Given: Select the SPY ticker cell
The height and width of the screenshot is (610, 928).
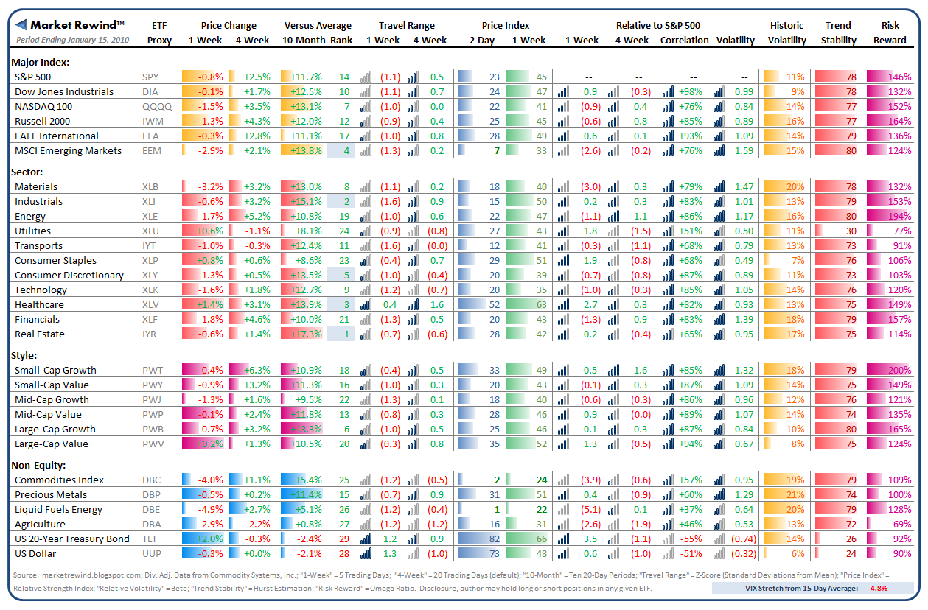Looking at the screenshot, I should click(150, 77).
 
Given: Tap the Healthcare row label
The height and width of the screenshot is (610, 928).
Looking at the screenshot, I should click(39, 304).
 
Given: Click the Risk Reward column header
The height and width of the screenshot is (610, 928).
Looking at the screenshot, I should click(890, 32).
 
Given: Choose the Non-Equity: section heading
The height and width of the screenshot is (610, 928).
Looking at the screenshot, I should click(38, 465).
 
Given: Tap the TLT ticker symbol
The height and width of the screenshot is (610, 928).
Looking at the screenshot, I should click(150, 539).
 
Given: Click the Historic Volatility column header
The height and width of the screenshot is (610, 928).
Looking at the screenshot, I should click(786, 32).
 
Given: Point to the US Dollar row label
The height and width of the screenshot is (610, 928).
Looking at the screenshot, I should click(35, 553).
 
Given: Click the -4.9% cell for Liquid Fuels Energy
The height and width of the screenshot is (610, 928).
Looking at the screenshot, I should click(209, 509).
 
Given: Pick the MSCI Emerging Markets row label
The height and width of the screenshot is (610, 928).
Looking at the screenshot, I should click(69, 150).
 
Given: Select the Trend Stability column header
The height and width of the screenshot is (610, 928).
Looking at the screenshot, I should click(838, 32).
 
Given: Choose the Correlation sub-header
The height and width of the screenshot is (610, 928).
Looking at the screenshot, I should click(685, 40).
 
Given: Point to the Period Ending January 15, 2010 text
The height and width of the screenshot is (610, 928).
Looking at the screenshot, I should click(70, 40).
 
